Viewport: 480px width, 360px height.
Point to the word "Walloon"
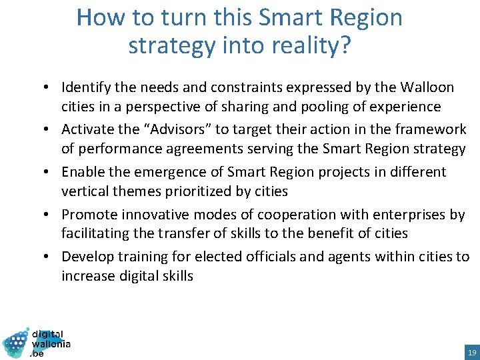coord(427,87)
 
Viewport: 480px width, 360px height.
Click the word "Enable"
coord(83,172)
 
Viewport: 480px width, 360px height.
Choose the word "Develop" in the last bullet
coord(87,257)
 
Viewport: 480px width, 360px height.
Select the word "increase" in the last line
coord(87,276)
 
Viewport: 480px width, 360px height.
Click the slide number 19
coord(471,352)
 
